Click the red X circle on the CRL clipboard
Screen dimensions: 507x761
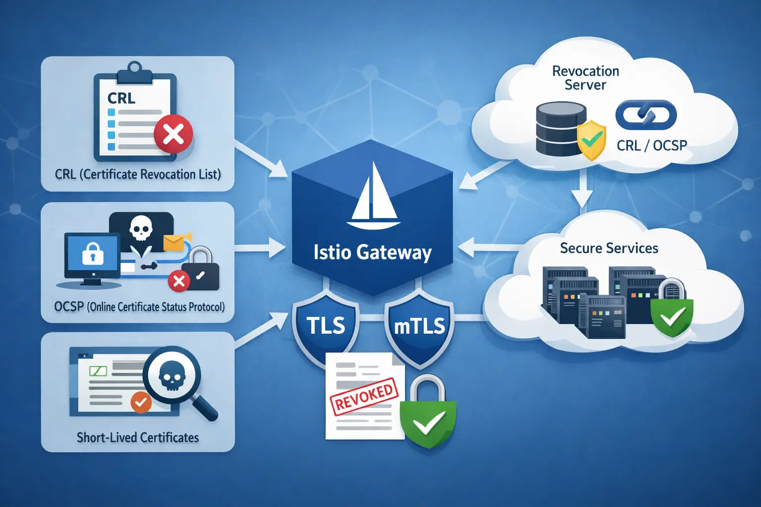click(173, 134)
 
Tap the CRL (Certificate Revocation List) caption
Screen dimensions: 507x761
click(138, 174)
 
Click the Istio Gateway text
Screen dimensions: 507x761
click(373, 252)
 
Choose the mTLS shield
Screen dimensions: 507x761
click(419, 326)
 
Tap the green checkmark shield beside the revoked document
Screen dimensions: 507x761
click(428, 421)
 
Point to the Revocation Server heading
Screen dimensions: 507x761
click(586, 78)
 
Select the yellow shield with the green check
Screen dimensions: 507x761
click(592, 140)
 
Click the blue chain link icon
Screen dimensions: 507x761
click(646, 115)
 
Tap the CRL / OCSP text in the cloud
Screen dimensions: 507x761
click(652, 146)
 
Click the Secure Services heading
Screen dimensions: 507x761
click(609, 248)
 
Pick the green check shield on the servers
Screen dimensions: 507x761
click(672, 317)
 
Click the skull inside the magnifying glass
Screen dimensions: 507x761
click(172, 377)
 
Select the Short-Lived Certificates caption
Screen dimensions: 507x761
click(138, 438)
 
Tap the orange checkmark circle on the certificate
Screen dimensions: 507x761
click(141, 402)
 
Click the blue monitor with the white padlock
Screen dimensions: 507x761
click(93, 255)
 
